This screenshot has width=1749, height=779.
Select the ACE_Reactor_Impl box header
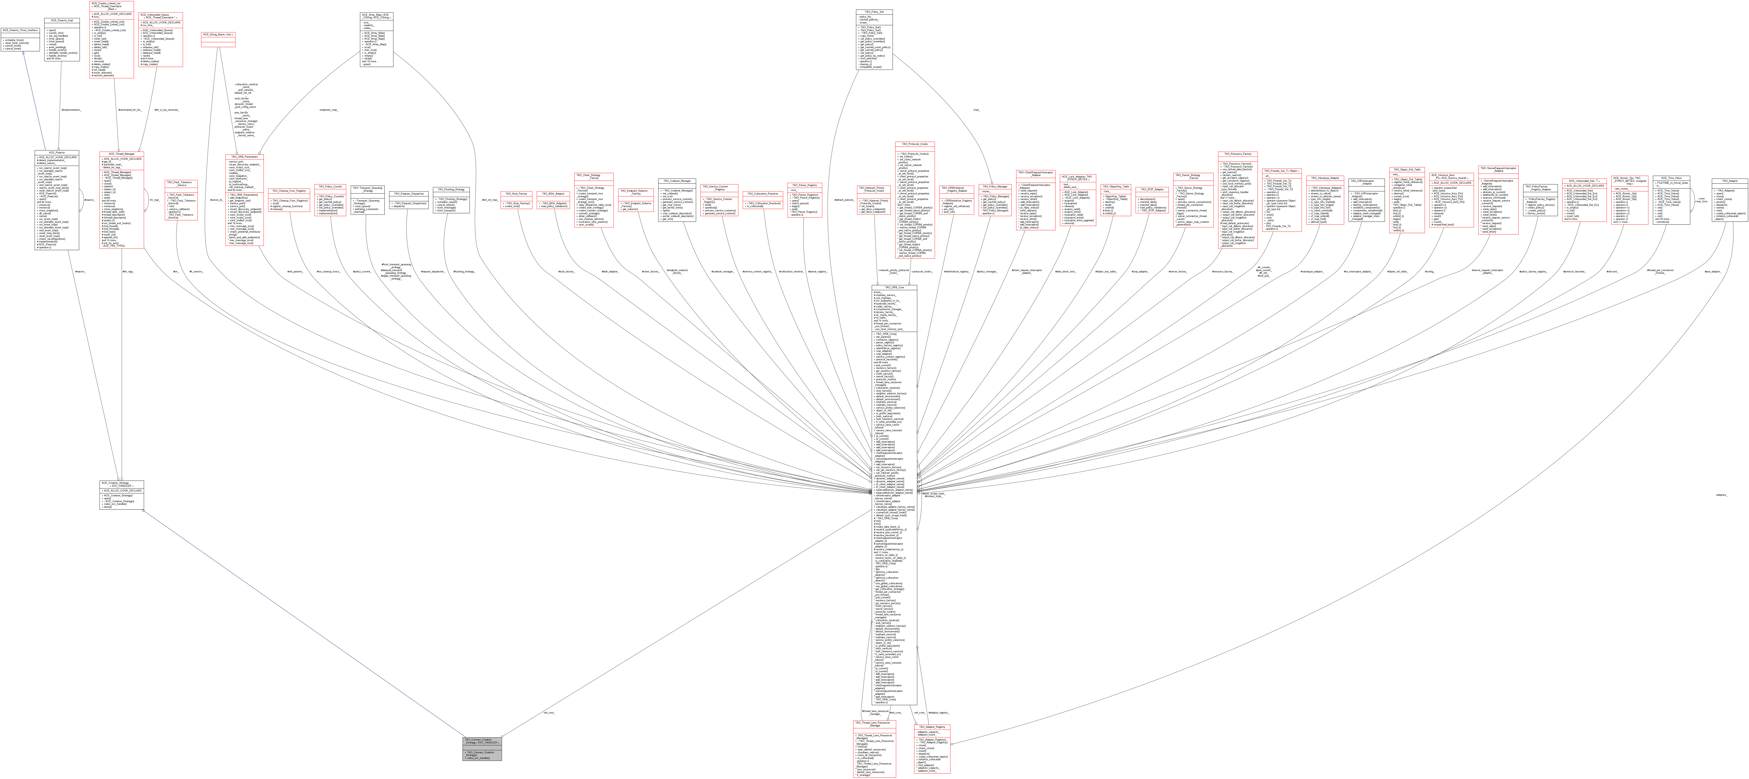[x=62, y=20]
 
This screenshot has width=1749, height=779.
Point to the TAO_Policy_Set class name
[x=873, y=12]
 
